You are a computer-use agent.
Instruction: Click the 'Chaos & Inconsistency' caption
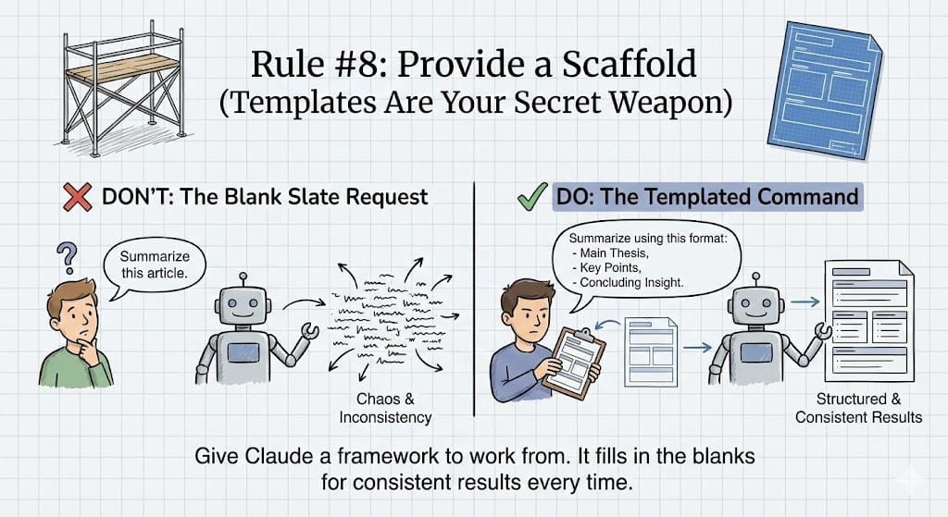[393, 408]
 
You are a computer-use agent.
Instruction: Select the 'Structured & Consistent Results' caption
[857, 408]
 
